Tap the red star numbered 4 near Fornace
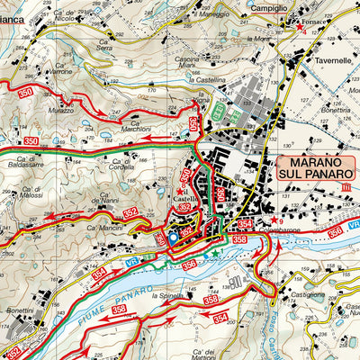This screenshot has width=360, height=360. [x=300, y=27]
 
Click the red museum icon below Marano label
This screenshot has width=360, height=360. [x=347, y=186]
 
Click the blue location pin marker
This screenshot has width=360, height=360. [x=173, y=238]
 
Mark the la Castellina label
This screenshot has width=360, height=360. [x=206, y=80]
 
